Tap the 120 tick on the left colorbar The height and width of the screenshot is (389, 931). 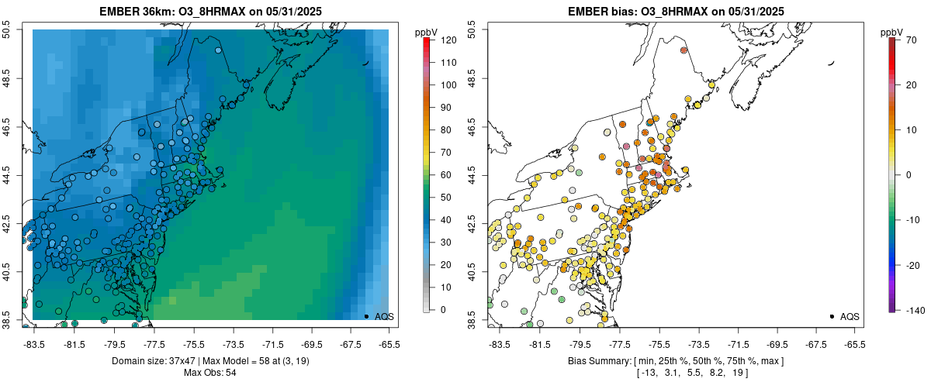(448, 39)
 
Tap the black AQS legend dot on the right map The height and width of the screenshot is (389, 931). (832, 316)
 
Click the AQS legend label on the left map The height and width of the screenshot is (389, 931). (384, 316)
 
